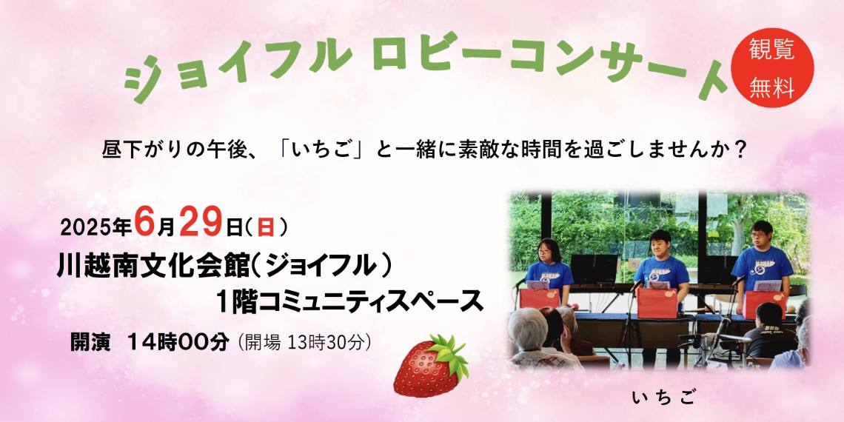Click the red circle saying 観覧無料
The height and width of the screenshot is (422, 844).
pos(772,68)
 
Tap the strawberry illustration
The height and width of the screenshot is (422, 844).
pos(431,366)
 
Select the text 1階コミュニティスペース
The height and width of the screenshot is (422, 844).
pos(349,301)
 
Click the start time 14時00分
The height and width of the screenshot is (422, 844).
pos(178,342)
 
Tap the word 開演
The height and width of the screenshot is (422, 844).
pos(90,342)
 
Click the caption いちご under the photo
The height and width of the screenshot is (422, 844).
pos(663,398)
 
